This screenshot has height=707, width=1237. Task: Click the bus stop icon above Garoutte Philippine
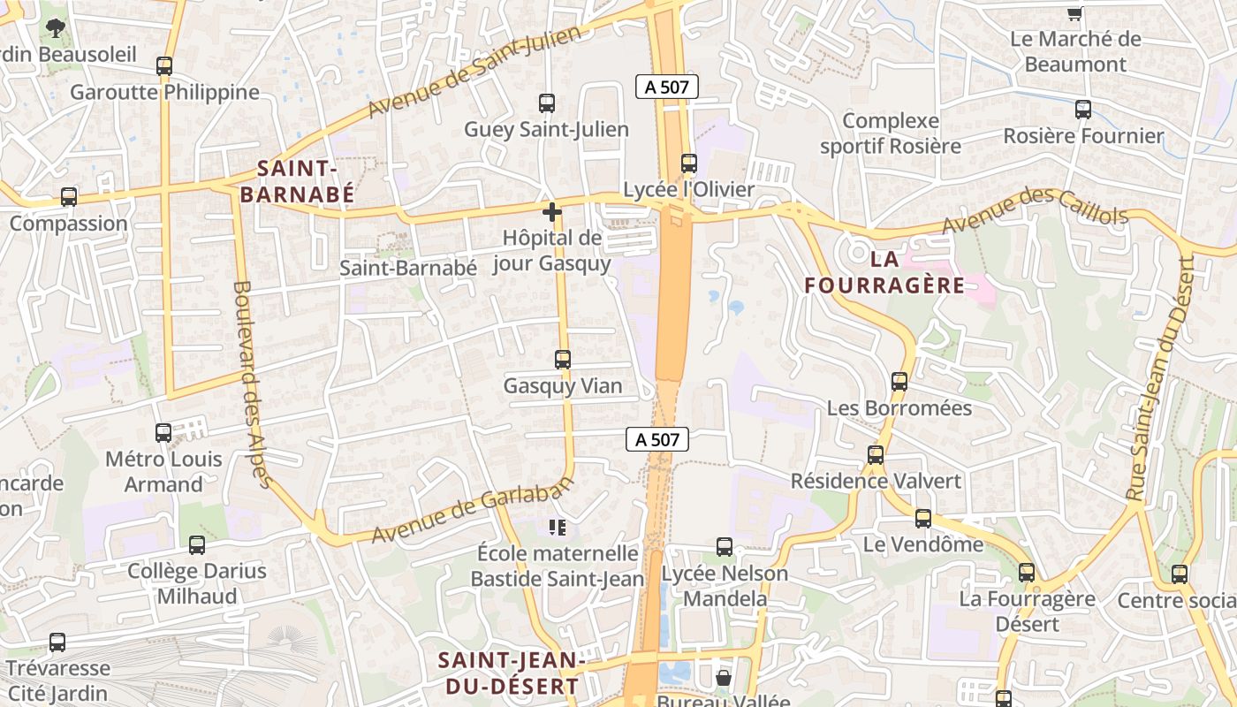pos(164,65)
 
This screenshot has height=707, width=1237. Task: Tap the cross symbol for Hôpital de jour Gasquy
pos(552,212)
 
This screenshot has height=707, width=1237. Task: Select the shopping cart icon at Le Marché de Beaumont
pos(1074,13)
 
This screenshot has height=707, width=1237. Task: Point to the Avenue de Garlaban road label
pos(472,510)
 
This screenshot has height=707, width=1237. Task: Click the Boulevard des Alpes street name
pos(251,384)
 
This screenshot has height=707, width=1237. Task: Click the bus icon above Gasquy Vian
pos(563,360)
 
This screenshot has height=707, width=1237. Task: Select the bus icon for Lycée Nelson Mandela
pos(725,547)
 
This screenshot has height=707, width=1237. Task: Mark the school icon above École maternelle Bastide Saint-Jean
pos(557,528)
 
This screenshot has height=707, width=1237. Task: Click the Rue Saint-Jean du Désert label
pos(1161,378)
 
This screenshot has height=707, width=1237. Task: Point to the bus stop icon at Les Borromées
pos(899,382)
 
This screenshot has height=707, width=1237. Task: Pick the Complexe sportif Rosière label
pos(890,133)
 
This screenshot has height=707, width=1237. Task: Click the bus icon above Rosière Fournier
pos(1083,110)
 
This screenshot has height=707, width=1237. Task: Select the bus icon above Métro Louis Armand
pos(163,433)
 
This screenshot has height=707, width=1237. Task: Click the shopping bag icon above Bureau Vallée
pos(724,678)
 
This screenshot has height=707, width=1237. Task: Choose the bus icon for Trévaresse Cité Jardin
pos(57,642)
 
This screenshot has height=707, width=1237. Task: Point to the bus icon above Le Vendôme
pos(923,519)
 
